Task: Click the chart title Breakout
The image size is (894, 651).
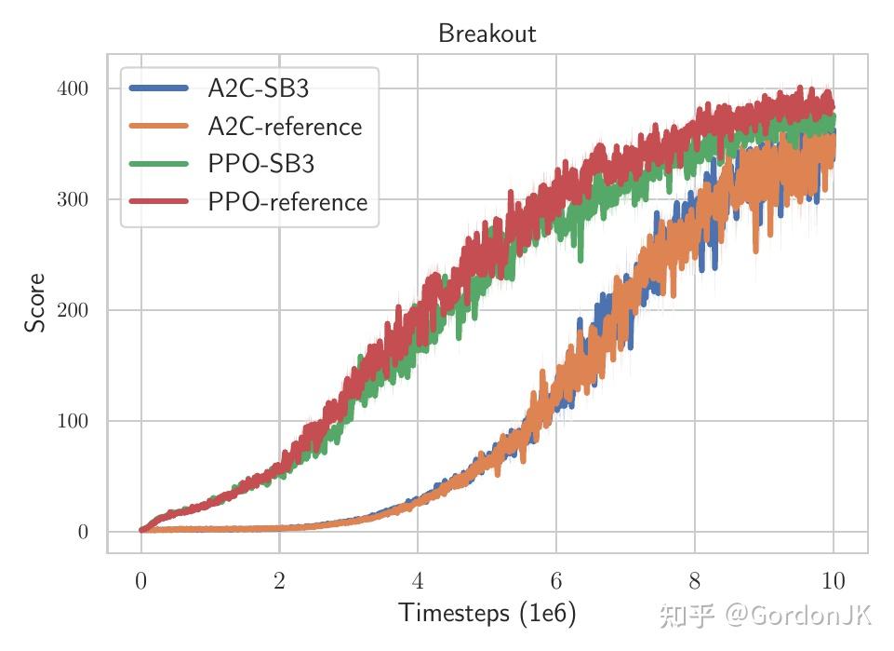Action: coord(487,34)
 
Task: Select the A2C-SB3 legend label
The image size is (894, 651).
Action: coord(258,88)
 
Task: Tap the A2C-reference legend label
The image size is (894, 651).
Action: coord(284,127)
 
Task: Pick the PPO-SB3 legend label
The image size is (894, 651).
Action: coord(260,164)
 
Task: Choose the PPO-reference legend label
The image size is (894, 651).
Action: coord(287,202)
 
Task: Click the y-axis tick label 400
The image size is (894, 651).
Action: coord(73,89)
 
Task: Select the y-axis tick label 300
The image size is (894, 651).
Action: coord(73,200)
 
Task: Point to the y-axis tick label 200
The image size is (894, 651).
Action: coord(73,311)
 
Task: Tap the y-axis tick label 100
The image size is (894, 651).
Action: coord(73,422)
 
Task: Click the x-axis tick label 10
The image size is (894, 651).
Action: coord(833,582)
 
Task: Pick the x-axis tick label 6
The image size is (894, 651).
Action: coord(556,582)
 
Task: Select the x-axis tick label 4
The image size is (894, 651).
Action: coord(418,582)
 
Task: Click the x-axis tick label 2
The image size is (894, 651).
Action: coord(279,582)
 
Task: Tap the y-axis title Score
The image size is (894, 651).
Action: coord(35,303)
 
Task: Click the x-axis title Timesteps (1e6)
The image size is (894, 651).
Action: coord(487,614)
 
